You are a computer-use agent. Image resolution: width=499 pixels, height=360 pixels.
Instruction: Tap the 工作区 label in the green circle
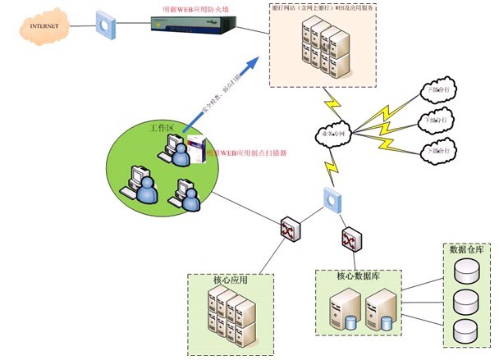(x=161, y=129)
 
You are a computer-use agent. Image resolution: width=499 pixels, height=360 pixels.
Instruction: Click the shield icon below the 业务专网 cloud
(x=333, y=198)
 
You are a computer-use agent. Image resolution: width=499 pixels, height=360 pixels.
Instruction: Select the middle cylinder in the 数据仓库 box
(x=465, y=299)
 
